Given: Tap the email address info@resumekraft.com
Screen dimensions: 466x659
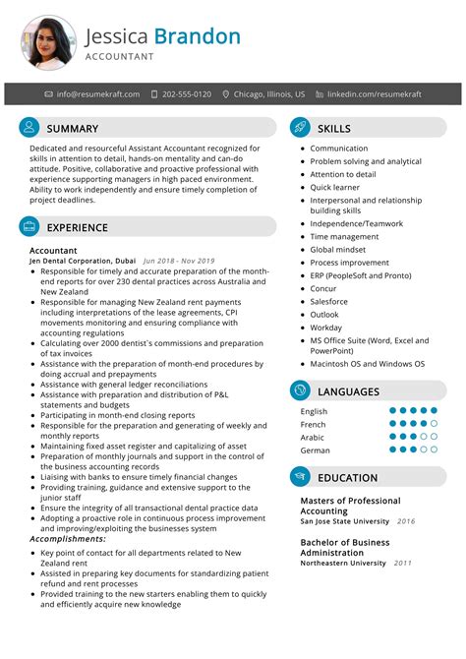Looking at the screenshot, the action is [98, 94].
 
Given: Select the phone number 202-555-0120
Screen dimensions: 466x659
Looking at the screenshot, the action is [187, 94].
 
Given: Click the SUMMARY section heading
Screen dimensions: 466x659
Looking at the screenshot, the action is [73, 128].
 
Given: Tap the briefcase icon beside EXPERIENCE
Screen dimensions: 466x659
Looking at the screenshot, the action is [29, 227].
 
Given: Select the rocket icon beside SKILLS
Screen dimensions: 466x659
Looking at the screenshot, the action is [300, 128].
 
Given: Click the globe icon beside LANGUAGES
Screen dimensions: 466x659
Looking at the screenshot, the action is [300, 391].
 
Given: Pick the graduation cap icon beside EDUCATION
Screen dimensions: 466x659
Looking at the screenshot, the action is [300, 478].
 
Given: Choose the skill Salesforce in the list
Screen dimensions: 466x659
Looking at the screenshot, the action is [330, 302].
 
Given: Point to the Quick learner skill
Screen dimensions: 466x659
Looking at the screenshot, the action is [335, 187].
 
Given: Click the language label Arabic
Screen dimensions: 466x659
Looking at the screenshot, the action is [313, 437].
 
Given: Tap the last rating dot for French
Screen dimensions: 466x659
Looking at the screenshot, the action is [434, 424].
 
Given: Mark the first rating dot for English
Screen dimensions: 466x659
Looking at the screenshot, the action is [393, 411].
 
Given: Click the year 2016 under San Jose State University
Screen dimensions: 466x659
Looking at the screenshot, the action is [406, 521].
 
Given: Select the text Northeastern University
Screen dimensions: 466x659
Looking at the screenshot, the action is [343, 564].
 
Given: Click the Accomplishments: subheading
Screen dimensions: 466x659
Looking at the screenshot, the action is [68, 539].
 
